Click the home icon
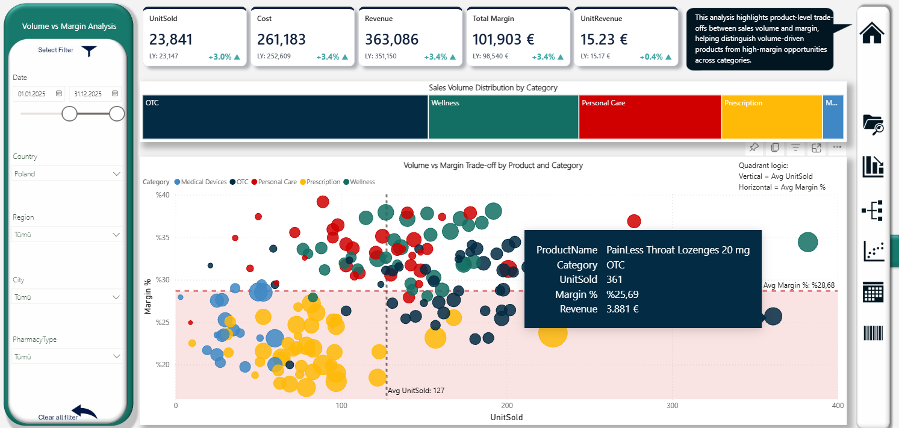tap(872, 32)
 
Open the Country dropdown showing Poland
tap(67, 173)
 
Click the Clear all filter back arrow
tap(84, 412)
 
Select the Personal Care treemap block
tap(650, 117)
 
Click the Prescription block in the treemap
tap(772, 117)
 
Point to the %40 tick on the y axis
tap(163, 195)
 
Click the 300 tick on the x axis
tap(673, 406)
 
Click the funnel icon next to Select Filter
tap(89, 51)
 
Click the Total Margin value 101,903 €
tap(504, 40)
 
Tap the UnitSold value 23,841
tap(171, 40)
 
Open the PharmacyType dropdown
tap(67, 356)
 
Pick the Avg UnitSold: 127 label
tap(416, 391)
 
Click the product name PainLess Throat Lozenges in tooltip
tap(678, 250)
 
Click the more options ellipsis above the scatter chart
tap(837, 147)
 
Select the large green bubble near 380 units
tap(807, 243)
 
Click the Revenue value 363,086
tap(393, 40)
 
